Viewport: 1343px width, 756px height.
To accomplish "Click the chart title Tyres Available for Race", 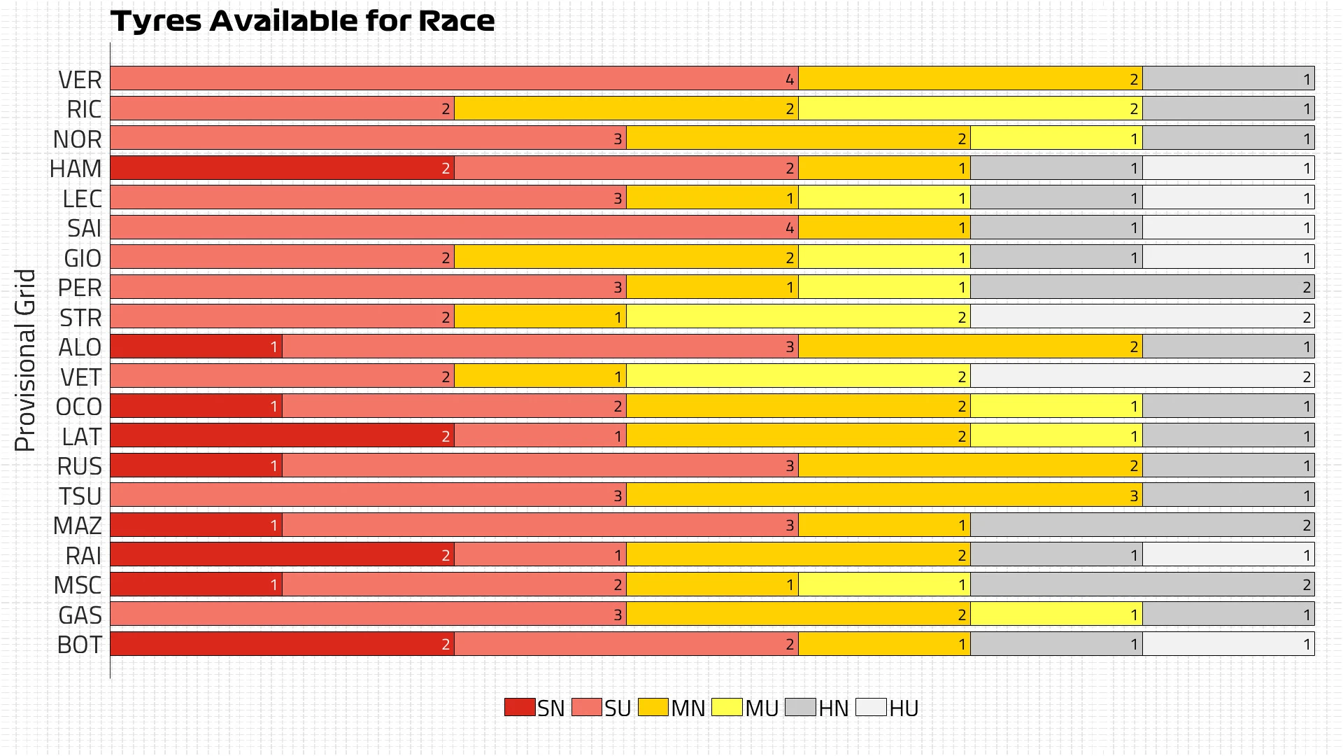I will tap(302, 21).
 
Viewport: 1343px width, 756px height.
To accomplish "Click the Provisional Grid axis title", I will tap(25, 360).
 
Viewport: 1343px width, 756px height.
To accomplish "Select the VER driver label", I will tap(80, 80).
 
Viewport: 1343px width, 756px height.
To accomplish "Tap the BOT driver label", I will tap(80, 645).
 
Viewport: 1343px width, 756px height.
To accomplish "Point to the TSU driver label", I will tap(80, 496).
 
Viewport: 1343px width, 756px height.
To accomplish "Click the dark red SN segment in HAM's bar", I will tap(282, 168).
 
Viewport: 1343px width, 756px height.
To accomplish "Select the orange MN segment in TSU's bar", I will tap(884, 496).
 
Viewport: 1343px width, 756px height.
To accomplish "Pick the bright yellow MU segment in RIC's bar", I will tap(970, 108).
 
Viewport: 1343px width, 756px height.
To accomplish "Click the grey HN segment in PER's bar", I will tap(1142, 287).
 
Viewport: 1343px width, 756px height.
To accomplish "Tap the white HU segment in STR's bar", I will tap(1142, 317).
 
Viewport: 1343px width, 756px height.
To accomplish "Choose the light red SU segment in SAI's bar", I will tap(455, 227).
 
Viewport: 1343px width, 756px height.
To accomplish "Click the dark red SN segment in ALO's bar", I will tap(196, 346).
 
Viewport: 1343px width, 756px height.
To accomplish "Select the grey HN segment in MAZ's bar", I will tap(1142, 525).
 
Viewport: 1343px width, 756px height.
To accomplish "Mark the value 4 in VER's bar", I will tap(790, 79).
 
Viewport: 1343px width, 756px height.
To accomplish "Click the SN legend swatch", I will tap(520, 707).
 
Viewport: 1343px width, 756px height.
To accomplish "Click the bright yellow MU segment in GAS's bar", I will tap(1056, 615).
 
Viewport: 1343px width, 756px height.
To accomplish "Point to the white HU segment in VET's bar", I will tap(1142, 377).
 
